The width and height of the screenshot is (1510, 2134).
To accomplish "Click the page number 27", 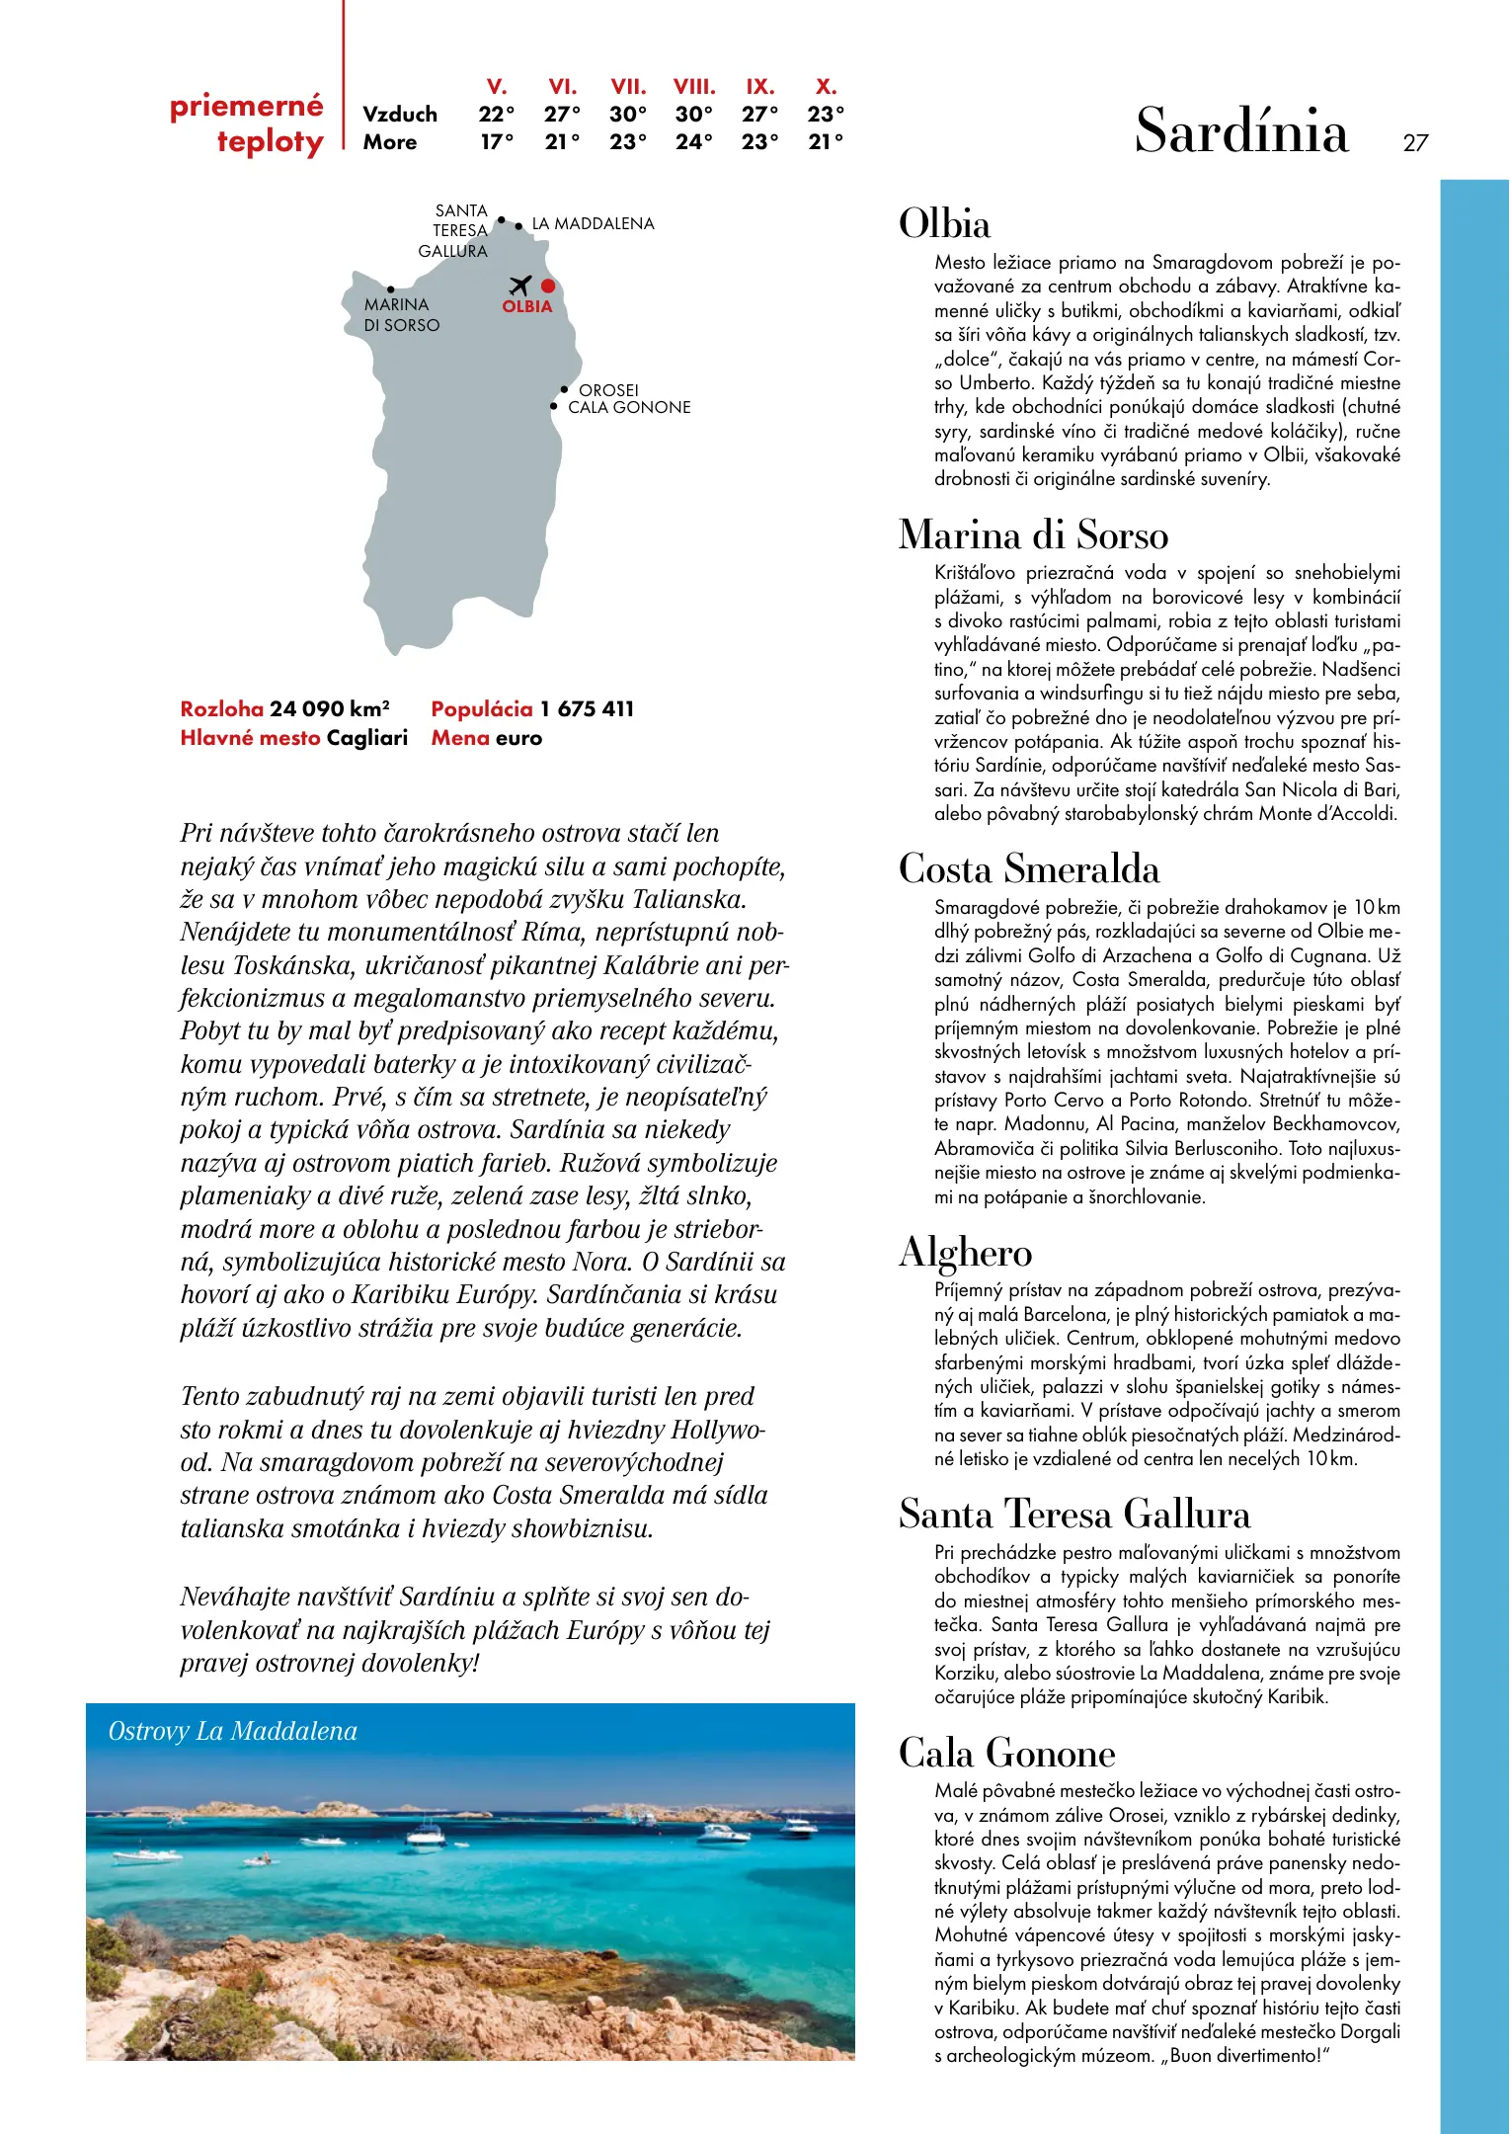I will point(1415,143).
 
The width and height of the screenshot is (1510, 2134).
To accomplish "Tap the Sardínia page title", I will point(1240,131).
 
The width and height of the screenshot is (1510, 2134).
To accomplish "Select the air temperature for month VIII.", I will point(693,114).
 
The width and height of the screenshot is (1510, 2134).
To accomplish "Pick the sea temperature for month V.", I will point(497,142).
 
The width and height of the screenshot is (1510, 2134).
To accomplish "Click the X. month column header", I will point(826,87).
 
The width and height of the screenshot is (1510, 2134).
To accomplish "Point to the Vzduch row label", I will point(399,115).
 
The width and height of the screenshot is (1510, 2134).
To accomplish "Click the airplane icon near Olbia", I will point(520,286).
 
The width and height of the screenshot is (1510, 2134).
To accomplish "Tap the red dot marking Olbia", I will point(548,287).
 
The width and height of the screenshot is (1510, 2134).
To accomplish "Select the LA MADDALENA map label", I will point(593,224).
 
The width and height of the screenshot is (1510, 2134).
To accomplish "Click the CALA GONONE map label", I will point(629,407).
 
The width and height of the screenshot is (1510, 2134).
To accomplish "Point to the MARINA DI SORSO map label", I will point(401,315).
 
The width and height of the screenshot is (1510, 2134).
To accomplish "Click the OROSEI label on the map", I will point(608,390).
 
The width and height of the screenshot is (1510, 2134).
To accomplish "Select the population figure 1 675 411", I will point(587,709).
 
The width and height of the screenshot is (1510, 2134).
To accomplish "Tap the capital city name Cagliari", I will point(366,738).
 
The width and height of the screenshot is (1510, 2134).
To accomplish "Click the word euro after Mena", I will point(519,738).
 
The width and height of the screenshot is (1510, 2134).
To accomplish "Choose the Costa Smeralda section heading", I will point(1028,869).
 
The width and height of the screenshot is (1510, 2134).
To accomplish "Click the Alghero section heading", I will point(965,1253).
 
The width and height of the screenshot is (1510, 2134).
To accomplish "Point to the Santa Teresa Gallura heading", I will point(1073,1515).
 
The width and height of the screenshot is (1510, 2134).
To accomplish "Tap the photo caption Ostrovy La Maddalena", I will point(232,1731).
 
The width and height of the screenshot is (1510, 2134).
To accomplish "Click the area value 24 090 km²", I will point(329,709).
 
